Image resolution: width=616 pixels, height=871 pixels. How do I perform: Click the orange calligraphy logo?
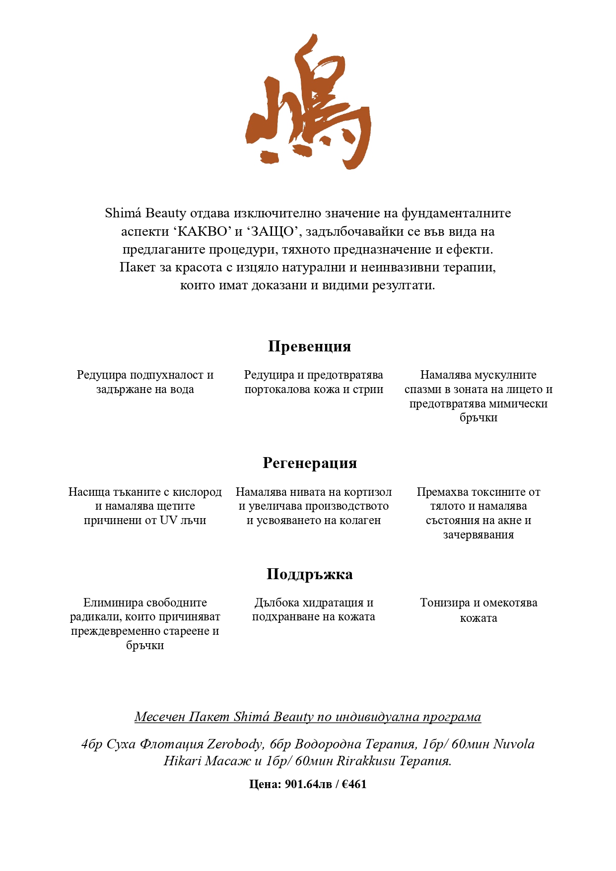pos(308,102)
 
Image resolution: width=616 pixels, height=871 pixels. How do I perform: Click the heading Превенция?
pos(309,346)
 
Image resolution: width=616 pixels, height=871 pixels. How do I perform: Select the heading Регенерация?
pos(310,463)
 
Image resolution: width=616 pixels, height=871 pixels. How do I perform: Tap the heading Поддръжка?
pos(310,574)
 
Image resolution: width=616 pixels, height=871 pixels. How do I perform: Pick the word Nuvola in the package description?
pos(514,744)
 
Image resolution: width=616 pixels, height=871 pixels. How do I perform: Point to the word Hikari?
pos(182,761)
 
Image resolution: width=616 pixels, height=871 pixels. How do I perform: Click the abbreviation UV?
pos(168,520)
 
